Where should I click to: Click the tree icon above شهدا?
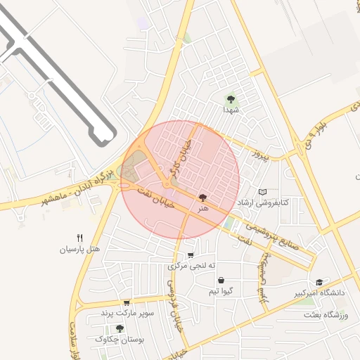231,99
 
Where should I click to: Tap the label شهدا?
231,110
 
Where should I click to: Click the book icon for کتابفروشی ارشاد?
263,192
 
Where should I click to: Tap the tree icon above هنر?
203,199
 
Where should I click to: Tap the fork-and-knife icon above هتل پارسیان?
79,238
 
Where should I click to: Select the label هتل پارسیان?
79,249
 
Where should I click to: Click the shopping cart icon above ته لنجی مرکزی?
191,255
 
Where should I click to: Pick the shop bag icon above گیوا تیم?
221,279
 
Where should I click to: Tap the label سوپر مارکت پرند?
127,312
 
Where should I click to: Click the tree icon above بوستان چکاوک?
120,328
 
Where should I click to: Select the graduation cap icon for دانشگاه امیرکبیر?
319,281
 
